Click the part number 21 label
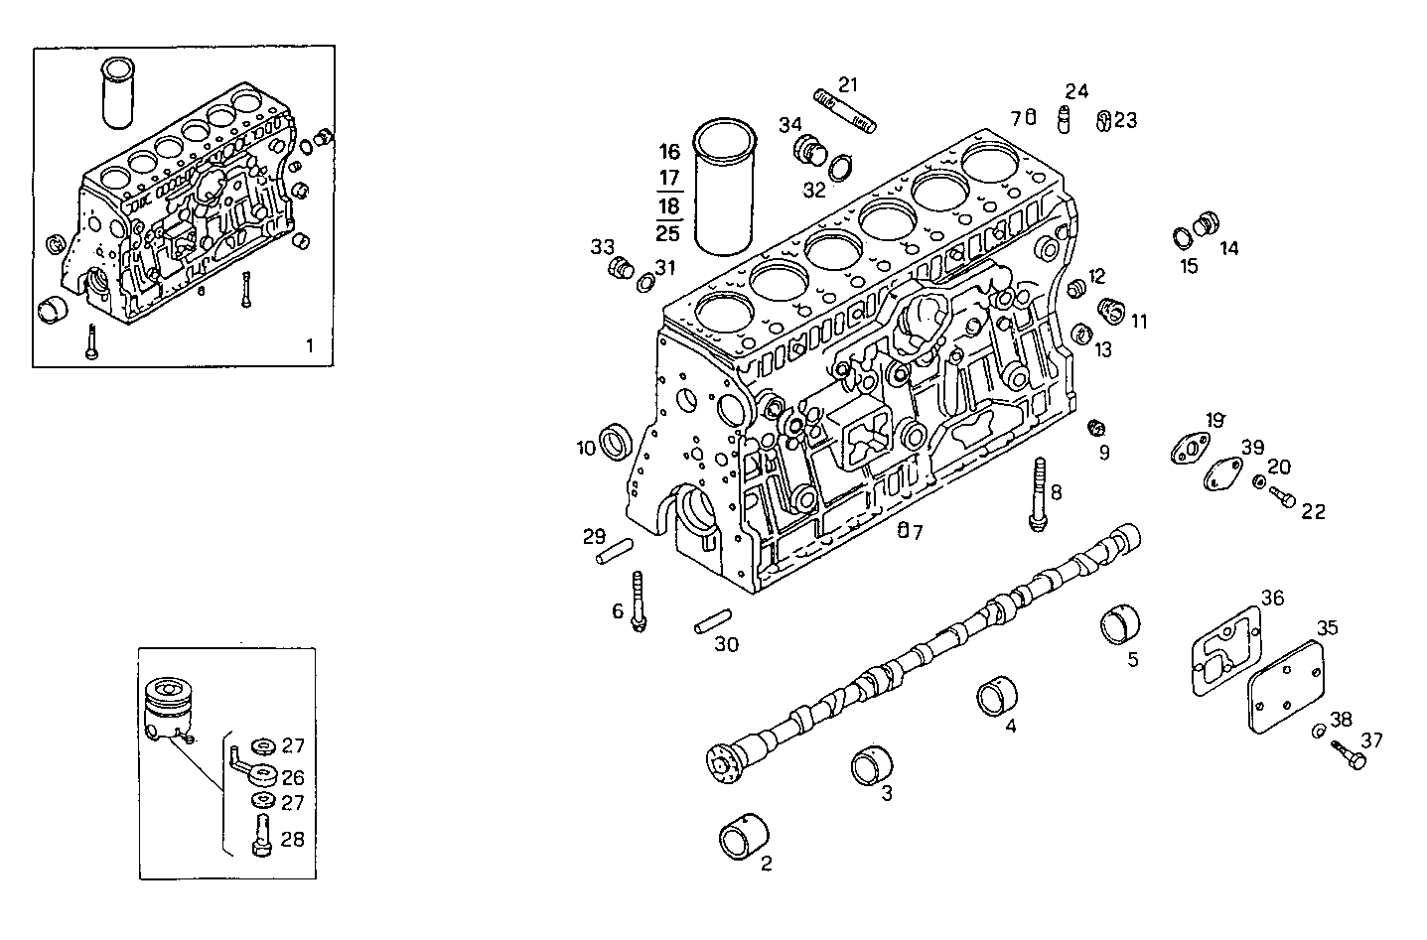click(847, 83)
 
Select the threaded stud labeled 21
click(845, 110)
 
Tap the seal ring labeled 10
click(618, 442)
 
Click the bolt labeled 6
click(638, 601)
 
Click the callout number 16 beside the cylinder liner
click(669, 152)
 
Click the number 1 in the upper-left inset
click(309, 345)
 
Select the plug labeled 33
click(620, 268)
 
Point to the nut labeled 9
click(1097, 428)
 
